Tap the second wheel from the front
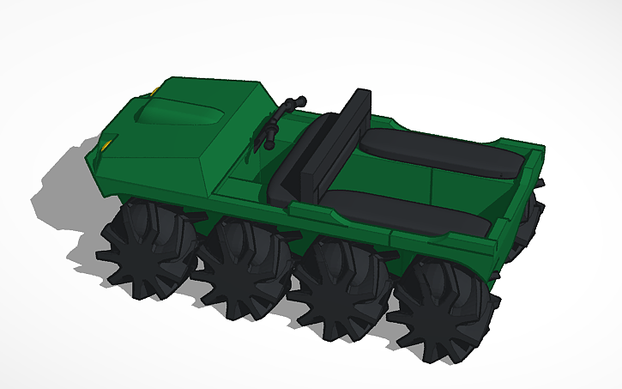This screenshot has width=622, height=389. (x=243, y=263)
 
